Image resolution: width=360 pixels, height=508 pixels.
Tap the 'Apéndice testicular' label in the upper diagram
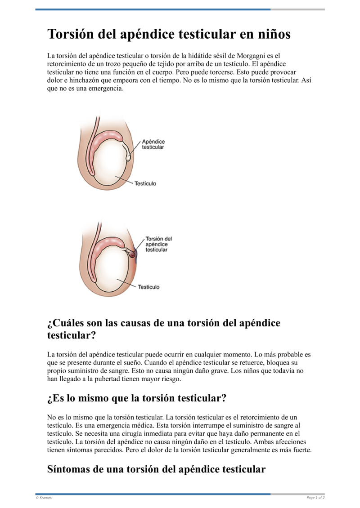(x=153, y=144)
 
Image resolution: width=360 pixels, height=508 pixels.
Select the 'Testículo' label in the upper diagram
(x=145, y=183)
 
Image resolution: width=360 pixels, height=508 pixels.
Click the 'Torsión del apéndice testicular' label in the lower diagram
(x=158, y=244)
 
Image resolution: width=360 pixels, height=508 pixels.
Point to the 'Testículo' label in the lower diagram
(x=148, y=286)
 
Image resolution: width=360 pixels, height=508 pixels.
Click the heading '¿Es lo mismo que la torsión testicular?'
(x=136, y=398)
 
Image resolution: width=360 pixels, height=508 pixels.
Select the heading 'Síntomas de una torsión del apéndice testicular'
(x=156, y=469)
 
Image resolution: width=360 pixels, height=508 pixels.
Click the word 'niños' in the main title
(x=272, y=34)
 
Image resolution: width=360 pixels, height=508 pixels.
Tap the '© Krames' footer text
(x=44, y=498)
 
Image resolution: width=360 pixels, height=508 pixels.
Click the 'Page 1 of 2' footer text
(x=315, y=498)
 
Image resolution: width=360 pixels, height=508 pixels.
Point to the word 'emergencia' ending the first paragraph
(x=105, y=89)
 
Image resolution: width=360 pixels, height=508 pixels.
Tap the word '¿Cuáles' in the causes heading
(x=65, y=323)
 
